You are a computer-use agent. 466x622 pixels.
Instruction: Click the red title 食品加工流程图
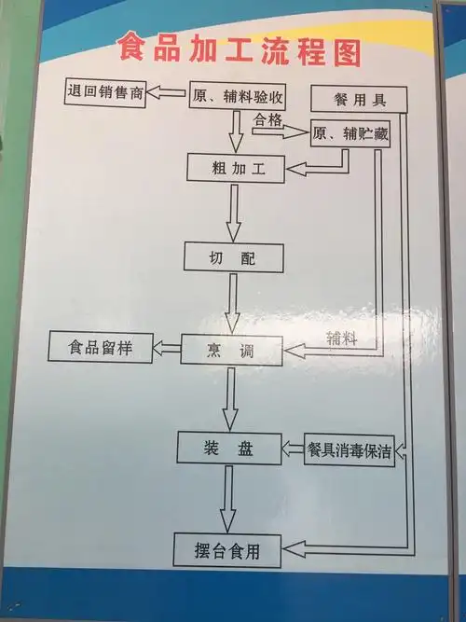(239, 51)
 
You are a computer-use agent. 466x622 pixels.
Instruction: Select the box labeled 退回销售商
(104, 94)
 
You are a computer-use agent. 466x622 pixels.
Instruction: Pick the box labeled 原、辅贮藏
(349, 134)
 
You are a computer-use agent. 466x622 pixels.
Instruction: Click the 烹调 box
(229, 350)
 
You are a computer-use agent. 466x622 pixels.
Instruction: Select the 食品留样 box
(101, 349)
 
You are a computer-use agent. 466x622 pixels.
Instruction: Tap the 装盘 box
(228, 449)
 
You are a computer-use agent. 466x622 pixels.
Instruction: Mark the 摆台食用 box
(228, 549)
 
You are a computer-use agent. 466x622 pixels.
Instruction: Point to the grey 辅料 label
(341, 338)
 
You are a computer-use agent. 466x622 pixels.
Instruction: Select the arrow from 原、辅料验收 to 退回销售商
(169, 93)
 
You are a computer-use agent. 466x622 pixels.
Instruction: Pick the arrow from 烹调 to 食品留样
(167, 349)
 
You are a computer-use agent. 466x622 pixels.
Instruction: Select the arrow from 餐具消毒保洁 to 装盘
(292, 449)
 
